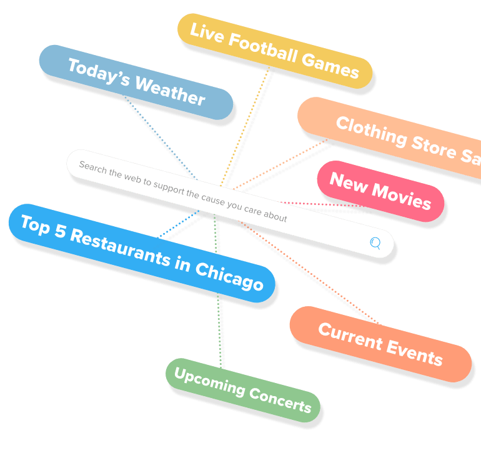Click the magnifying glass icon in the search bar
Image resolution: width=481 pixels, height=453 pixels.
(x=375, y=243)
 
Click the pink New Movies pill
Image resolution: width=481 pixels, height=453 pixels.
(x=380, y=191)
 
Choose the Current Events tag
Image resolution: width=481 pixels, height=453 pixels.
(x=380, y=344)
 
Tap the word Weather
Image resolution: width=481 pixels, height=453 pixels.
(x=170, y=91)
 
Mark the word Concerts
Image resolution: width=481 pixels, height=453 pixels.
(x=279, y=400)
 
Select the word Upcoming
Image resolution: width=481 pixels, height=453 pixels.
(x=208, y=382)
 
